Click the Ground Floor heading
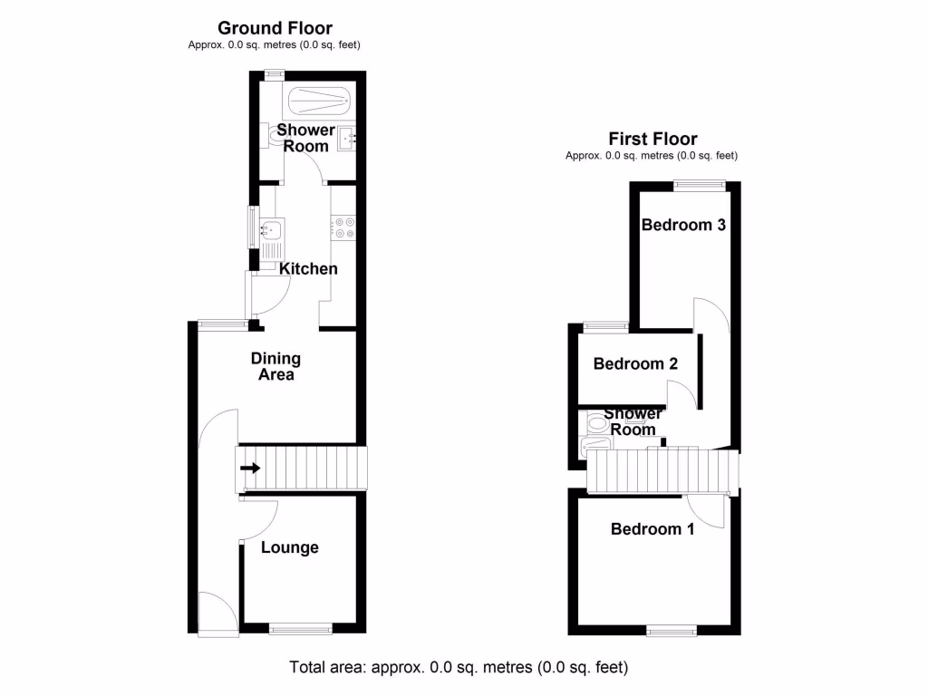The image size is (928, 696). click(275, 29)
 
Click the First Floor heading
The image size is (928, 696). click(652, 139)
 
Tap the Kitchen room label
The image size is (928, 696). click(308, 269)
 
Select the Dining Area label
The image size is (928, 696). click(275, 367)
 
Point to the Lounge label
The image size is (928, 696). click(290, 547)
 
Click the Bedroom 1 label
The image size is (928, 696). click(652, 529)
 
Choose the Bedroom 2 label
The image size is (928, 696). click(635, 364)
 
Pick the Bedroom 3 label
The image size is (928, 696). click(684, 225)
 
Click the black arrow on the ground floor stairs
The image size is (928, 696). click(251, 469)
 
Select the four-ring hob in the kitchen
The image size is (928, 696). click(343, 227)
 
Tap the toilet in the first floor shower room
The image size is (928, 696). click(597, 421)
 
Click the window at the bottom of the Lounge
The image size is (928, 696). click(300, 627)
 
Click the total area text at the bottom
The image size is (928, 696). click(459, 668)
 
